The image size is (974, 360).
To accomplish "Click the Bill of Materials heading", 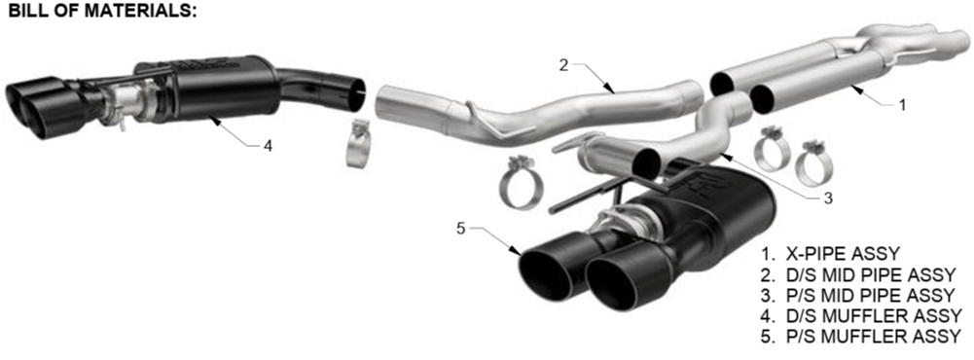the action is click(102, 11).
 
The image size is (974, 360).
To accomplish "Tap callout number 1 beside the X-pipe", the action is click(902, 104).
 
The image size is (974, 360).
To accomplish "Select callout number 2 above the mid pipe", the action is click(563, 65).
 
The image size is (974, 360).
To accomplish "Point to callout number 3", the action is click(827, 198).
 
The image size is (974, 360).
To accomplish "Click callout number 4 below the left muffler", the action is click(268, 147).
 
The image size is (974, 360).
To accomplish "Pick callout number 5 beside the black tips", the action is click(460, 229).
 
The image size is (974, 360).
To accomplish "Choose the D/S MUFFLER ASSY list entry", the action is click(861, 316).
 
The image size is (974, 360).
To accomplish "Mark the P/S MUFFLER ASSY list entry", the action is click(861, 337).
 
